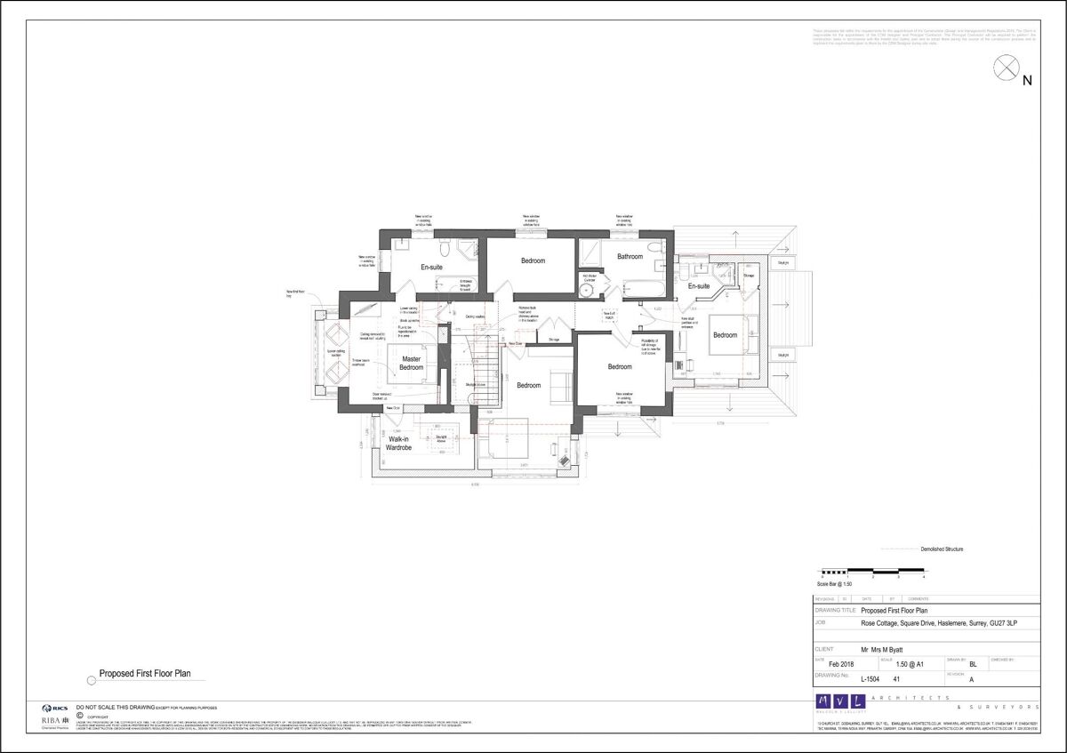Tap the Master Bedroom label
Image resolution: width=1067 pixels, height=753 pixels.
pos(411,364)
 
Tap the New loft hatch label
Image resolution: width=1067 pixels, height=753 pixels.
pos(611,315)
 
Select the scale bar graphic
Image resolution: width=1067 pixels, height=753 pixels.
pos(862,571)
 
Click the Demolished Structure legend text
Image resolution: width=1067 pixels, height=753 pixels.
pos(942,549)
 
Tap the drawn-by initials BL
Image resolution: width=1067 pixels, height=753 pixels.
pos(973,664)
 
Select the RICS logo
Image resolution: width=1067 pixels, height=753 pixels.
pos(54,708)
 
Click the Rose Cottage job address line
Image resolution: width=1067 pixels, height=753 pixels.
pos(938,623)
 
